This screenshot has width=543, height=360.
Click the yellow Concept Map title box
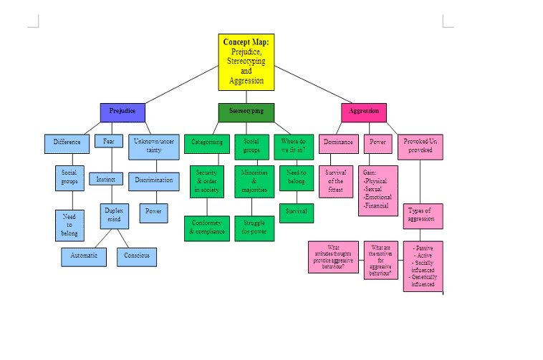pyautogui.click(x=246, y=62)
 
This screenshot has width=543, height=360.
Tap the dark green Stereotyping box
pyautogui.click(x=246, y=112)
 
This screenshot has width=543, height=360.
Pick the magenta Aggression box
pyautogui.click(x=363, y=112)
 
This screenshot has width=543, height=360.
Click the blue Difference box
pyautogui.click(x=67, y=142)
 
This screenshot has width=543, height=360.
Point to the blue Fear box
pyautogui.click(x=108, y=141)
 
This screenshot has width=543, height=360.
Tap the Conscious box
pyautogui.click(x=136, y=256)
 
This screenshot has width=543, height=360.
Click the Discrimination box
pyautogui.click(x=153, y=180)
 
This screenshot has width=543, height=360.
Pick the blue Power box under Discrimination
pyautogui.click(x=153, y=212)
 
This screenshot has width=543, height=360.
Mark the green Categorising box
pyautogui.click(x=206, y=142)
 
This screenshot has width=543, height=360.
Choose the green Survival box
pyautogui.click(x=297, y=213)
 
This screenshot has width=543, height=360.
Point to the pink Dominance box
pyautogui.click(x=338, y=142)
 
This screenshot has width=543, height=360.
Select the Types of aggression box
pyautogui.click(x=423, y=215)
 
